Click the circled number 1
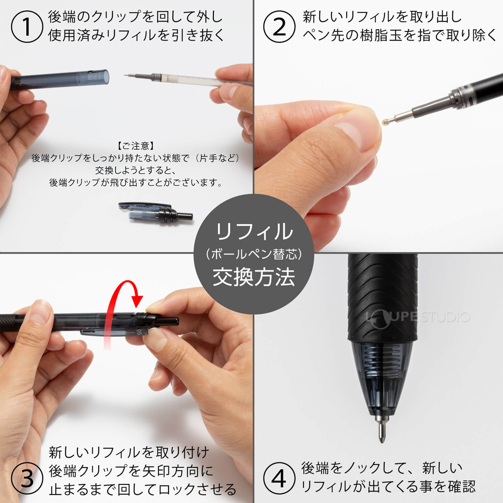(x=27, y=26)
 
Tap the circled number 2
(x=279, y=26)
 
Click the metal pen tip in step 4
(x=381, y=429)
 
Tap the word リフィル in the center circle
(x=254, y=232)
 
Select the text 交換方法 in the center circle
(x=254, y=277)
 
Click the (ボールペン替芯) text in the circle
(x=254, y=254)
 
